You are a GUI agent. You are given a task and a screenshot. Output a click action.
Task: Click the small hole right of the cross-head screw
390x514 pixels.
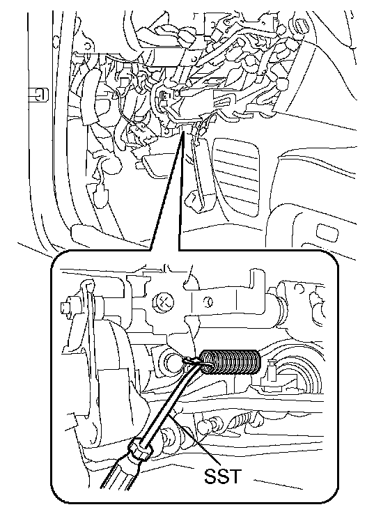206,300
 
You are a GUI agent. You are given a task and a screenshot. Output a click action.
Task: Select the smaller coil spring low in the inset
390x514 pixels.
243,421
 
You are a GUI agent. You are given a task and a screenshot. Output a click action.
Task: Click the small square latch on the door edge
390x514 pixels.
40,95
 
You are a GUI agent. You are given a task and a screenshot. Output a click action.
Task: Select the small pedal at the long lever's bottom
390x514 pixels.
195,202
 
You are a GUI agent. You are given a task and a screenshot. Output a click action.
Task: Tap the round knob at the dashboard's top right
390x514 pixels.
301,24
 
